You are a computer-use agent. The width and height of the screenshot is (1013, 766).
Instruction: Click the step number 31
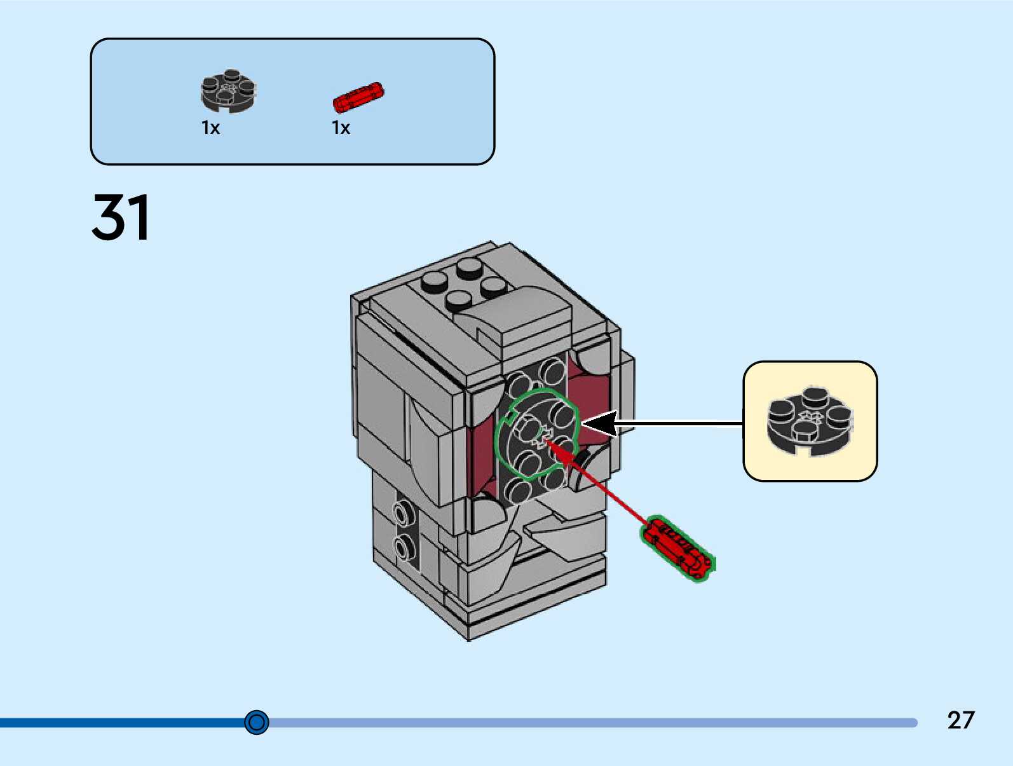pyautogui.click(x=121, y=217)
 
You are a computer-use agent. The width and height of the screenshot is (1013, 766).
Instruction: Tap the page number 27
pyautogui.click(x=961, y=720)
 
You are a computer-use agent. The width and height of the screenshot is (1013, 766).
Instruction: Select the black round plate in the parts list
pyautogui.click(x=229, y=92)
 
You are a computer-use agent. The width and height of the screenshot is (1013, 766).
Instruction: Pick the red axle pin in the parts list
pyautogui.click(x=358, y=97)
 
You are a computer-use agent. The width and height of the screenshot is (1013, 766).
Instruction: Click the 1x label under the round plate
pyautogui.click(x=210, y=128)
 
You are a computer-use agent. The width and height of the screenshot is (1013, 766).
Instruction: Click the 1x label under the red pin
pyautogui.click(x=341, y=128)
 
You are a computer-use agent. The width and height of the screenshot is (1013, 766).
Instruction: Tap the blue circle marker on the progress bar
pyautogui.click(x=257, y=722)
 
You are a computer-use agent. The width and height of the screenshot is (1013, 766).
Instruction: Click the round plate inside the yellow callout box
pyautogui.click(x=810, y=420)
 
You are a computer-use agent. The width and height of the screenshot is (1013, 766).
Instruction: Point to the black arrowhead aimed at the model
pyautogui.click(x=599, y=423)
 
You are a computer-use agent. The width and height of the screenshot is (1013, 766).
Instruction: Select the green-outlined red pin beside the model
pyautogui.click(x=677, y=549)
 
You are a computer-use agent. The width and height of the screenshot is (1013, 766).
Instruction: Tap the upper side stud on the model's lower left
pyautogui.click(x=403, y=512)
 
